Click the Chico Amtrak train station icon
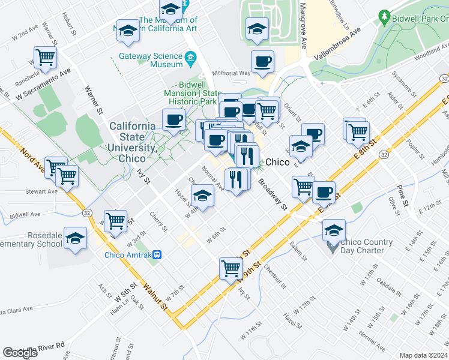click(157, 254)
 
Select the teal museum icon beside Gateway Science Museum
click(191, 59)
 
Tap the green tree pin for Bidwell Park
click(384, 17)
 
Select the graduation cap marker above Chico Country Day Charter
click(334, 229)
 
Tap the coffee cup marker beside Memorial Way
click(262, 61)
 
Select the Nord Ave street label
click(29, 159)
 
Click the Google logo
click(20, 353)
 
